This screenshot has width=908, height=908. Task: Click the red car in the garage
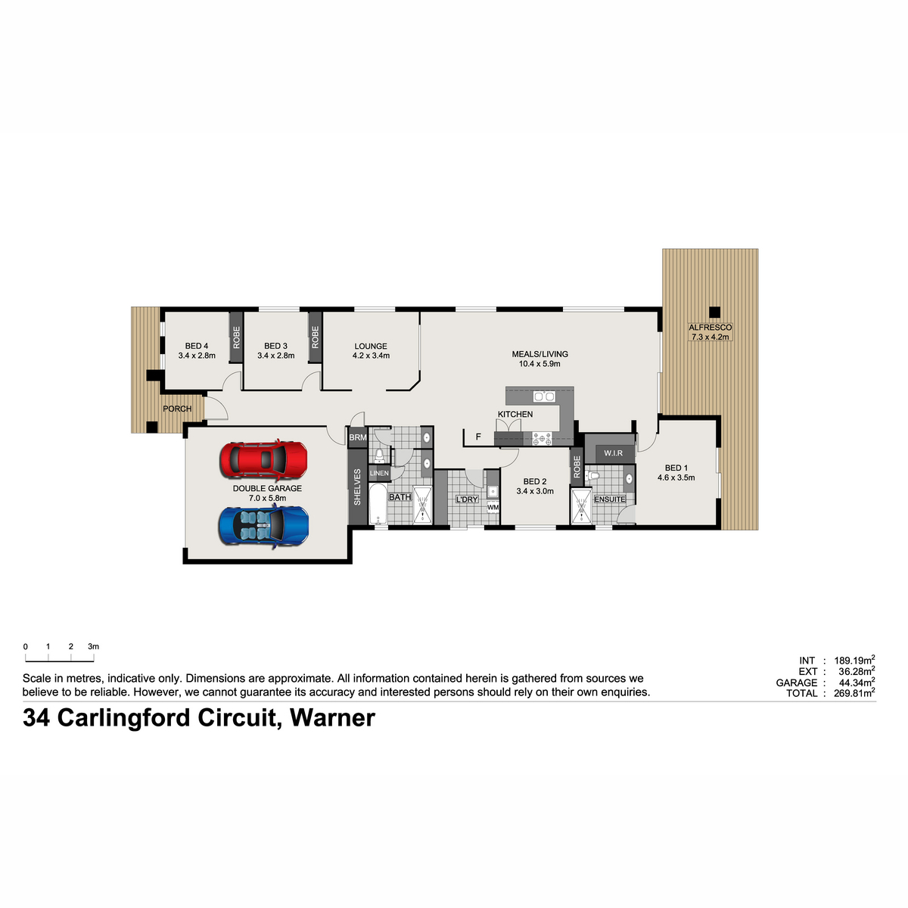pos(263,459)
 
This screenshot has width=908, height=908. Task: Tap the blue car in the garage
pos(263,526)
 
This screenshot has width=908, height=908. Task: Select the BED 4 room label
pos(197,347)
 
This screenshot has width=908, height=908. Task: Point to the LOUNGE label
pos(370,347)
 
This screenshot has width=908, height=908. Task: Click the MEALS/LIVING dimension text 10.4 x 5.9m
pos(540,364)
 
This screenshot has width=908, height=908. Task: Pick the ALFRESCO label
pos(710,327)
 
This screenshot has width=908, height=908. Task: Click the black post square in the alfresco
pos(714,312)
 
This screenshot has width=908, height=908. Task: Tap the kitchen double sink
pos(544,396)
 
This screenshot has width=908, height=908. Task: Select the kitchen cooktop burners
pos(542,439)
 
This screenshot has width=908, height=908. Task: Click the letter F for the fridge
pos(478,437)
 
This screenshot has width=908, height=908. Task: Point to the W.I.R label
pos(613,452)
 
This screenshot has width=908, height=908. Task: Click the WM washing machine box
pos(493,507)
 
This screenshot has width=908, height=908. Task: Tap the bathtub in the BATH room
pos(378,504)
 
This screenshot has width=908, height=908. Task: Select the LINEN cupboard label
pos(379,473)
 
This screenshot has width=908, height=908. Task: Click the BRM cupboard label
pos(358,437)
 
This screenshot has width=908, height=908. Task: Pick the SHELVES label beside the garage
pos(357,487)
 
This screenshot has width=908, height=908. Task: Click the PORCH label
pos(177,409)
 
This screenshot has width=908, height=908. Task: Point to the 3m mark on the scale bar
pos(93,646)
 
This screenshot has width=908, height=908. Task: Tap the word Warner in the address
pos(332,718)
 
